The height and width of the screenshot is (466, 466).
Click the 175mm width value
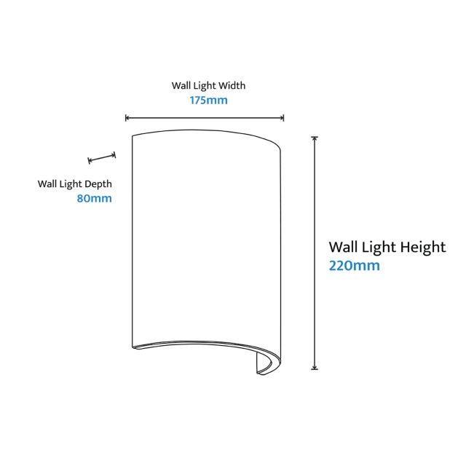click(x=209, y=100)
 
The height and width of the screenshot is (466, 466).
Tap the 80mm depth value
click(x=94, y=198)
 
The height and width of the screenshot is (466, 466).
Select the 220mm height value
click(x=355, y=265)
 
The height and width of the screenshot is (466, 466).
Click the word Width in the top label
click(x=232, y=86)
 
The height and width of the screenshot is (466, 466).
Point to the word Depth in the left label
click(x=98, y=184)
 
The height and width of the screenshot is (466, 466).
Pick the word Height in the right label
click(x=423, y=247)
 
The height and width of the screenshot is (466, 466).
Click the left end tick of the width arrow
click(x=126, y=118)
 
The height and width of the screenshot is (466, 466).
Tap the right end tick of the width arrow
click(x=283, y=118)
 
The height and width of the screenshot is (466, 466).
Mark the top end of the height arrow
click(x=315, y=138)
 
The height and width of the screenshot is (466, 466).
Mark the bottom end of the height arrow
click(x=315, y=369)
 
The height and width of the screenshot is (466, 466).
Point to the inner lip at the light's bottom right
click(x=264, y=364)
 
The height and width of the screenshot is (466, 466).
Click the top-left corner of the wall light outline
click(x=133, y=136)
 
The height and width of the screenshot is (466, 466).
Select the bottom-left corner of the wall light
click(x=133, y=347)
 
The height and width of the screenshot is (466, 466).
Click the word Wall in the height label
click(x=343, y=247)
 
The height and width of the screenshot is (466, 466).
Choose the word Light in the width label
click(x=205, y=86)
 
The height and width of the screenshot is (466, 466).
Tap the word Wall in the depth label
click(x=47, y=184)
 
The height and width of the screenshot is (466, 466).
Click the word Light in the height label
click(x=379, y=247)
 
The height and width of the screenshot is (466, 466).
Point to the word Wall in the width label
click(x=181, y=86)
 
